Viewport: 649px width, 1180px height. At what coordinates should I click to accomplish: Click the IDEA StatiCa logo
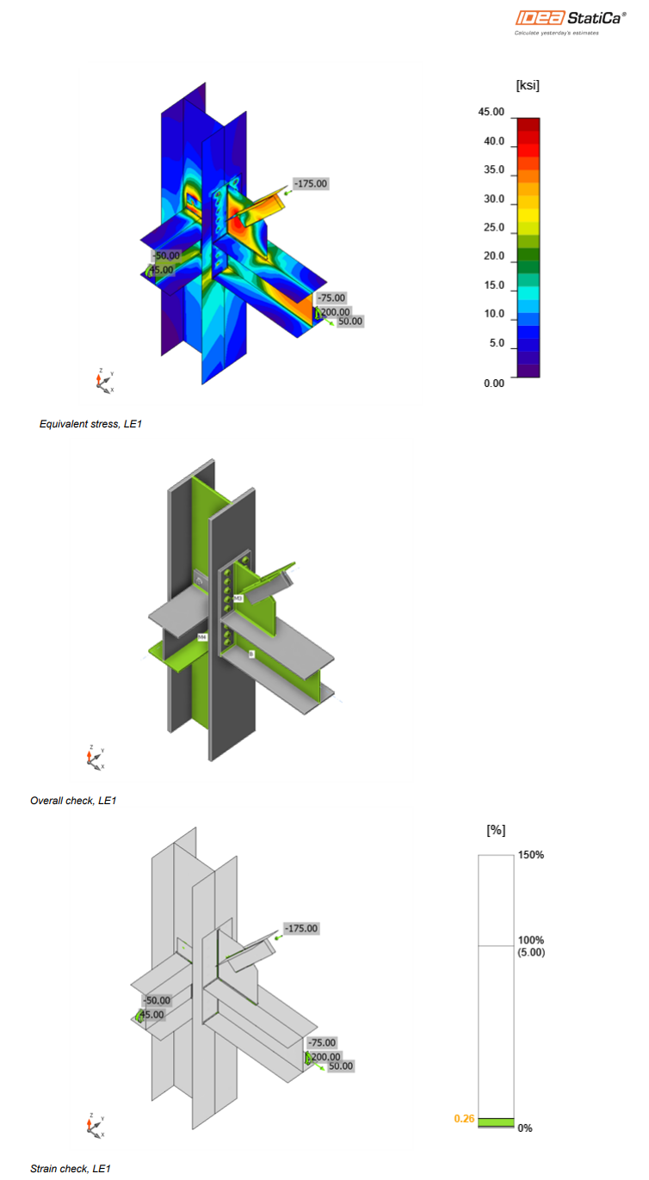click(571, 17)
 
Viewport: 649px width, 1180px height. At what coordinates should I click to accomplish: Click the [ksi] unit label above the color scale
click(527, 85)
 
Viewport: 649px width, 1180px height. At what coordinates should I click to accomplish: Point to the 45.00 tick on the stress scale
click(491, 113)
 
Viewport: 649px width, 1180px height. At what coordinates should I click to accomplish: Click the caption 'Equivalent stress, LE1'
click(90, 424)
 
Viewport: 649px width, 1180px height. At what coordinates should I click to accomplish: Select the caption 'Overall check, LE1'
click(73, 801)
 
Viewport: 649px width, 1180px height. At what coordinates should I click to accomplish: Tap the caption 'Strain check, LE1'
click(71, 1168)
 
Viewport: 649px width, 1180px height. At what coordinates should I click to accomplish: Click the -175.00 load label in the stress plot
click(311, 183)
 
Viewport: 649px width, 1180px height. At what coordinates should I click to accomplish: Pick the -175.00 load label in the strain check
click(301, 928)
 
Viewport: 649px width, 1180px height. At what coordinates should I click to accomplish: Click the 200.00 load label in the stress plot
click(335, 311)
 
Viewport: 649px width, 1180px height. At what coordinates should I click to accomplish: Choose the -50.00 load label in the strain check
click(157, 1000)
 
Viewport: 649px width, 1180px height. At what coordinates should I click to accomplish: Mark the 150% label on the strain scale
click(530, 855)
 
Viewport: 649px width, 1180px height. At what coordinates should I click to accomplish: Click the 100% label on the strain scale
click(530, 940)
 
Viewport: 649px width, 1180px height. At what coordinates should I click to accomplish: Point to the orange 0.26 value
click(464, 1119)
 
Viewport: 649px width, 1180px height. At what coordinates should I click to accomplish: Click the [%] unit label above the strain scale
click(495, 830)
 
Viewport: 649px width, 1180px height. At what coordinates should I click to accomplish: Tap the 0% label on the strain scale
click(525, 1128)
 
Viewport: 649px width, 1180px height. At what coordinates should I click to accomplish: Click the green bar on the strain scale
click(495, 1122)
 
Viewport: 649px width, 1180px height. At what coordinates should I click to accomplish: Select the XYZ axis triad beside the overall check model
click(95, 757)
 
